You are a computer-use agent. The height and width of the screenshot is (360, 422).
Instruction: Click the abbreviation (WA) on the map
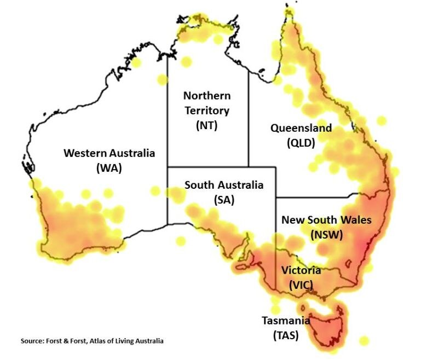[109, 168]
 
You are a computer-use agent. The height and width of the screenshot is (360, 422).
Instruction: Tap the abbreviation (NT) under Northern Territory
[206, 125]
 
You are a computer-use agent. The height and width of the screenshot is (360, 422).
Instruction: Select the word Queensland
[301, 129]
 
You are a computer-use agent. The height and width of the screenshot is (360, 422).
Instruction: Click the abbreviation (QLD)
[301, 143]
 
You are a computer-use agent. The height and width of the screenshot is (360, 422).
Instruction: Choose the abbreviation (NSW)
[326, 235]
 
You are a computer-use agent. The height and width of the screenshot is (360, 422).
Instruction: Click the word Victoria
[301, 270]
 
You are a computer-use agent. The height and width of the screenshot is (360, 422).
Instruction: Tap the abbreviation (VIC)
[301, 284]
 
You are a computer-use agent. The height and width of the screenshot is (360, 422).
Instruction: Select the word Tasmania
[285, 321]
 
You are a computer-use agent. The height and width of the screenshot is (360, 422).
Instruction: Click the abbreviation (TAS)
[285, 335]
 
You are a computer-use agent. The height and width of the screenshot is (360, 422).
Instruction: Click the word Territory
[206, 111]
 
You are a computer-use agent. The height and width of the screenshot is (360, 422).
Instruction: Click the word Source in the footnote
[32, 341]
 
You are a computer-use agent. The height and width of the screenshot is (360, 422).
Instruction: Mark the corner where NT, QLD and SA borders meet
[248, 166]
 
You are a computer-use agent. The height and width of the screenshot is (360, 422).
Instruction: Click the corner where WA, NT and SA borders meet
[167, 166]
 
